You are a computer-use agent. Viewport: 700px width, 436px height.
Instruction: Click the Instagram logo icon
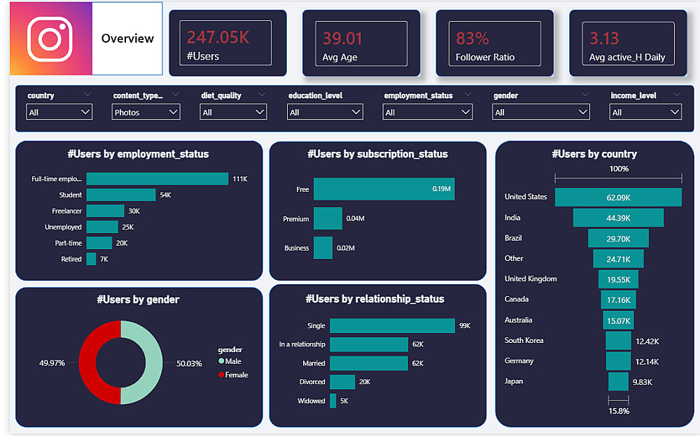click(50, 38)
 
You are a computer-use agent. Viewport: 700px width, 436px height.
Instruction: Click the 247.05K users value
click(218, 37)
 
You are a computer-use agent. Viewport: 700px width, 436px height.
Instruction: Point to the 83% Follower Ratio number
click(472, 38)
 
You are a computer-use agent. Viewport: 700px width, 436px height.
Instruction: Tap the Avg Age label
click(339, 57)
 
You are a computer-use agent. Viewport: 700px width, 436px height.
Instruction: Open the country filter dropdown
click(59, 112)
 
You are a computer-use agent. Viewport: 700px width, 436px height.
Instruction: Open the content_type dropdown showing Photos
click(146, 112)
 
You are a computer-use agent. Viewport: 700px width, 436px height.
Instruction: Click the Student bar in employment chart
click(120, 195)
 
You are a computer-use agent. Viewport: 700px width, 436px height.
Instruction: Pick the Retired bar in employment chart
click(91, 259)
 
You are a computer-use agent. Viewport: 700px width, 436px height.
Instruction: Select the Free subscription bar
click(384, 189)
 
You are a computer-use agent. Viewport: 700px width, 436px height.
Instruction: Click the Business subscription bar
click(323, 248)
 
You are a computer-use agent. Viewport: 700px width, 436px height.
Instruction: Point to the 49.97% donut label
click(52, 363)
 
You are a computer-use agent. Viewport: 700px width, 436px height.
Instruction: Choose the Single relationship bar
click(392, 325)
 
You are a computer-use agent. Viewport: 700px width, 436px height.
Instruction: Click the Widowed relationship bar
click(333, 401)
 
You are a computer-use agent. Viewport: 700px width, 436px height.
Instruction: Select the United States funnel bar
click(618, 197)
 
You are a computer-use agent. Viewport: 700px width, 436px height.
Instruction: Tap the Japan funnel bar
click(618, 381)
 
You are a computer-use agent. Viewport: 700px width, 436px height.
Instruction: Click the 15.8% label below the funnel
click(618, 411)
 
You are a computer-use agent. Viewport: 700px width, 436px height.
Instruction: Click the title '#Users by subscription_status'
click(377, 154)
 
